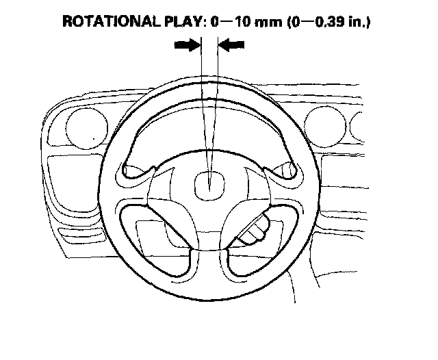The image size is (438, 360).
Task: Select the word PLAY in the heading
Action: point(183,21)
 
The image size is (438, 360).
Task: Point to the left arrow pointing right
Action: point(187,44)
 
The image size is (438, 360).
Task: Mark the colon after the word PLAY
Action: point(203,21)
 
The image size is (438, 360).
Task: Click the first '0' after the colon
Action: point(216,21)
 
